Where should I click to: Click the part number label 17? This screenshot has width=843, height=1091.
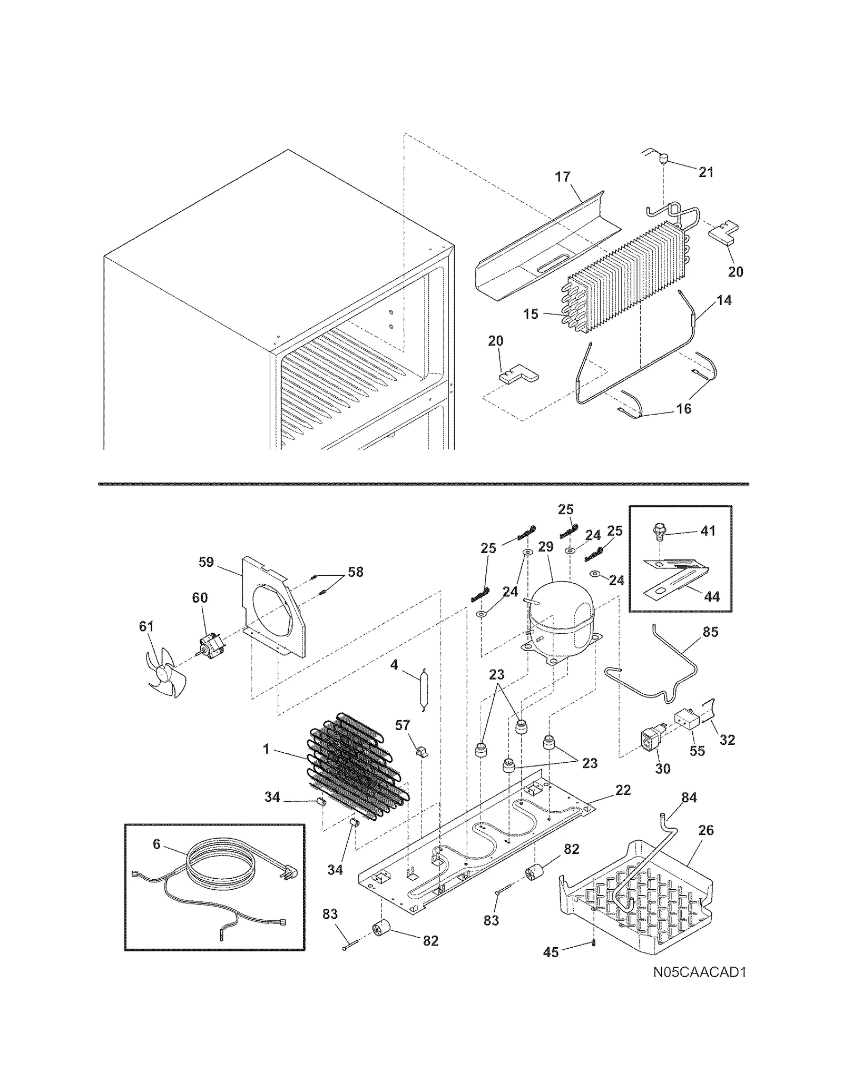pos(563,176)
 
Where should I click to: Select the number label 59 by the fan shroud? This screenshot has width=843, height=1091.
pos(206,562)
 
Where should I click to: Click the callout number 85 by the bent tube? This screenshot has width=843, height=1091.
pos(710,632)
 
